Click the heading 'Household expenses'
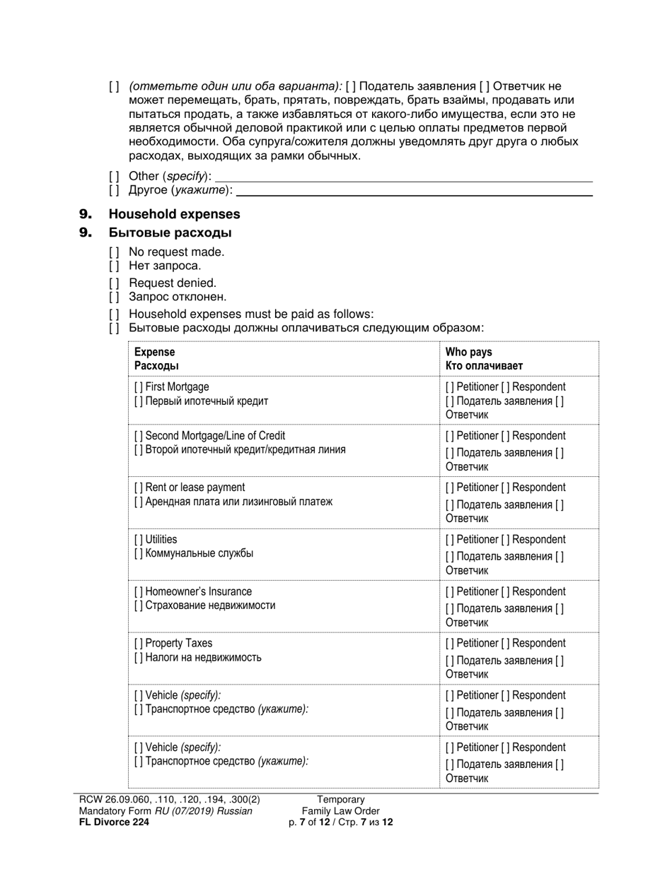tap(174, 214)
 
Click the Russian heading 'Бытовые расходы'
tap(170, 232)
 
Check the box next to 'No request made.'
tap(114, 252)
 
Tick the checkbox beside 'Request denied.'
tap(114, 283)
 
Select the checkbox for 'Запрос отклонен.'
tap(114, 297)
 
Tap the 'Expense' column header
tap(154, 352)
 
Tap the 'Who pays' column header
tap(468, 352)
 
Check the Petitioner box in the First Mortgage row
tap(450, 387)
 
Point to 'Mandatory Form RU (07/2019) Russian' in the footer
tap(166, 811)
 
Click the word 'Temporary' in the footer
tap(340, 800)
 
